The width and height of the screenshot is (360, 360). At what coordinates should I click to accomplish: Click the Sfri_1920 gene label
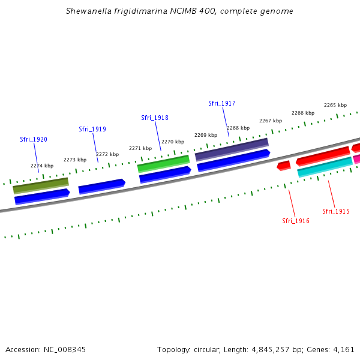click(33, 139)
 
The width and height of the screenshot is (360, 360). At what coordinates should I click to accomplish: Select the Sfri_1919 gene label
click(92, 129)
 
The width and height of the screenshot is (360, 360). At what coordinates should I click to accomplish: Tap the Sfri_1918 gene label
click(154, 118)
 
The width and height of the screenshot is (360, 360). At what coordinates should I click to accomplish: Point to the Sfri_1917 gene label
click(221, 103)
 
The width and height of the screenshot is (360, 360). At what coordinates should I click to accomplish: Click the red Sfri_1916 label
click(296, 221)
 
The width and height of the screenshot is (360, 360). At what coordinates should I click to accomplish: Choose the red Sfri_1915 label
click(335, 211)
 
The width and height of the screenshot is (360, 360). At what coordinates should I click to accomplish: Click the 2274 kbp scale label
click(42, 166)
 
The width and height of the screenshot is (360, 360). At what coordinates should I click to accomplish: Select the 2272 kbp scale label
click(107, 154)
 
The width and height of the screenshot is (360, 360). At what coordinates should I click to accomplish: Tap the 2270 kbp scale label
click(173, 142)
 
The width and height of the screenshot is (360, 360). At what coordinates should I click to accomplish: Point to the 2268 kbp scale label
click(238, 128)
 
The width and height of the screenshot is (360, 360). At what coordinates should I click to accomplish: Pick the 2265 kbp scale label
click(335, 105)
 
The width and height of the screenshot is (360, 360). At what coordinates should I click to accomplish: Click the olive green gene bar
click(41, 185)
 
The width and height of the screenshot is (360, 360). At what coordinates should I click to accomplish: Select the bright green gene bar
click(163, 163)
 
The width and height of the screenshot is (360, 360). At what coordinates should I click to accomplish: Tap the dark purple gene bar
click(232, 149)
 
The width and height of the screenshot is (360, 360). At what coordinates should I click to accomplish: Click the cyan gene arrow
click(325, 167)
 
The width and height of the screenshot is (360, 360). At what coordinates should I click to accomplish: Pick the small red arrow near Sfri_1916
click(284, 165)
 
